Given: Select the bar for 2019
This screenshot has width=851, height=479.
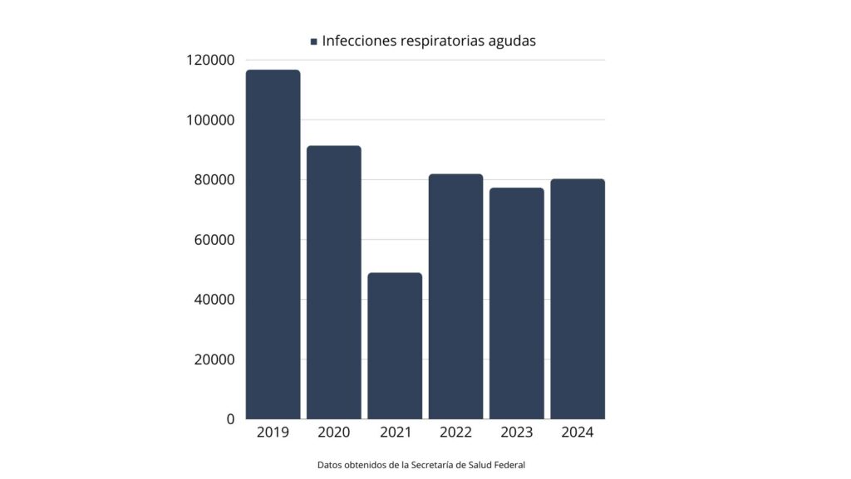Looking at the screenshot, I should [x=273, y=244].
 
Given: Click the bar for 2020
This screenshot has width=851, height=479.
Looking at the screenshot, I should [x=333, y=282].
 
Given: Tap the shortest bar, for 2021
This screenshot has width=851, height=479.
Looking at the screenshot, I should [x=395, y=345].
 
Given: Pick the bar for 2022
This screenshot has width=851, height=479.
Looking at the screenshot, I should [x=455, y=296].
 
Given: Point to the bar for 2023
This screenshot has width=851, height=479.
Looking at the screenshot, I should [x=516, y=303].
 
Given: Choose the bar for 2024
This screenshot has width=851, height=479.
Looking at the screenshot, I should [x=578, y=299].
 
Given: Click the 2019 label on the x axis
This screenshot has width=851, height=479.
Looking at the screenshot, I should [x=273, y=433].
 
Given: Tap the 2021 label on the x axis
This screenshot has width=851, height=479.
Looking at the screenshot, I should [x=395, y=433].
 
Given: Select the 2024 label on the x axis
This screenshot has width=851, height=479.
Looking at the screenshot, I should [x=578, y=433].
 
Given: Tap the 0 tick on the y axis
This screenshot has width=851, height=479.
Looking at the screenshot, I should [x=230, y=419].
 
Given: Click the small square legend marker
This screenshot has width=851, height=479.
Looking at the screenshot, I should [x=313, y=41].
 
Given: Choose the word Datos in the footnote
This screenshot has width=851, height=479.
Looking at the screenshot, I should [x=329, y=465].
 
